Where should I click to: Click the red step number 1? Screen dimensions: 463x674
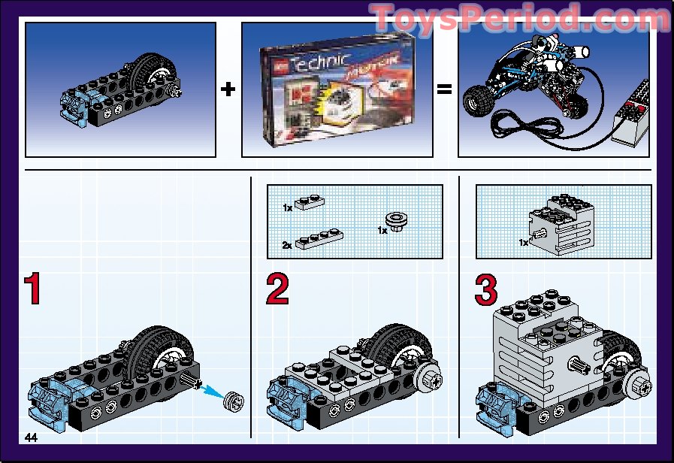click(x=32, y=290)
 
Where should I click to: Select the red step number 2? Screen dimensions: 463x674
click(x=277, y=290)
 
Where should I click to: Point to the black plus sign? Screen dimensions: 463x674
click(x=228, y=89)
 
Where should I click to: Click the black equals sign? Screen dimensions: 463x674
click(x=445, y=89)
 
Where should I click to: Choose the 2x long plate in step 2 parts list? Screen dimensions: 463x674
click(x=320, y=240)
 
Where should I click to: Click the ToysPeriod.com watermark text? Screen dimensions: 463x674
click(x=518, y=16)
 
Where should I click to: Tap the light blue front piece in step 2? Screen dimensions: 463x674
click(x=287, y=399)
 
